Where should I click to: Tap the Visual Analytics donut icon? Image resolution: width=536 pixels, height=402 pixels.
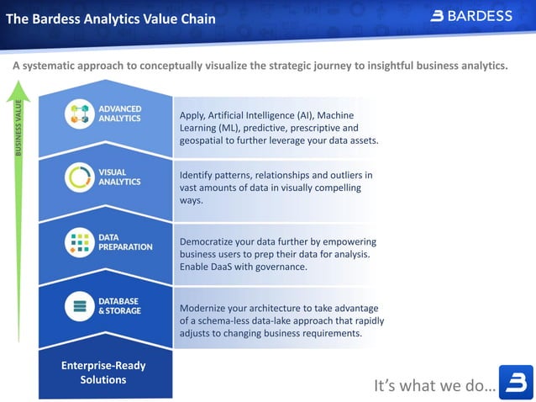pyautogui.click(x=79, y=177)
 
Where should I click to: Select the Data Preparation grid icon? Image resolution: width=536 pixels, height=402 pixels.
pyautogui.click(x=79, y=242)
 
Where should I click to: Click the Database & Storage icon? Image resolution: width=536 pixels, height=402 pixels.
pyautogui.click(x=79, y=306)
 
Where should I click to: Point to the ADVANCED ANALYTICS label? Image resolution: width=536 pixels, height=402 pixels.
pyautogui.click(x=120, y=114)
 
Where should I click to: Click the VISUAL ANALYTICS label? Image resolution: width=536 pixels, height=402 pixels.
pyautogui.click(x=119, y=177)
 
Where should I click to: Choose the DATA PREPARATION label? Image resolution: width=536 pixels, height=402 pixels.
pyautogui.click(x=125, y=242)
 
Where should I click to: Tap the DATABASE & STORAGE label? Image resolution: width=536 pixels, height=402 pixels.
pyautogui.click(x=120, y=306)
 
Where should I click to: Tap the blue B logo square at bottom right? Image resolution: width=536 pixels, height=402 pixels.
pyautogui.click(x=515, y=382)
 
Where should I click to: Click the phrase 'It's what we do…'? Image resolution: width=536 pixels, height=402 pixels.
pyautogui.click(x=434, y=385)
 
